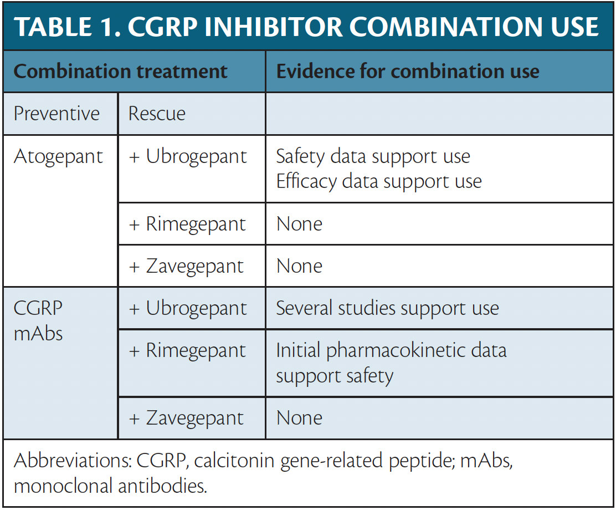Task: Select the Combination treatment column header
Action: [120, 72]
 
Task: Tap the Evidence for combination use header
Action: [407, 72]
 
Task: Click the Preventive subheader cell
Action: [57, 114]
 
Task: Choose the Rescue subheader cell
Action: [157, 114]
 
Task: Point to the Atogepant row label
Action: [58, 157]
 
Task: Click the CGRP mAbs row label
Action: [38, 321]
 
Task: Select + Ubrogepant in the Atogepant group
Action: [188, 157]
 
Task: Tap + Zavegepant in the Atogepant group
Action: [186, 267]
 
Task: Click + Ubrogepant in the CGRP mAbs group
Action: [188, 309]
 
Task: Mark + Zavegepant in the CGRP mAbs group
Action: [186, 418]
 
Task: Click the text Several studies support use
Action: [387, 309]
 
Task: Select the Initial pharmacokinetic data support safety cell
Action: [391, 363]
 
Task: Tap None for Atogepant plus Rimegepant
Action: [299, 225]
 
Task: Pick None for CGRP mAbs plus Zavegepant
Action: [299, 418]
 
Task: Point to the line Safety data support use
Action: [373, 157]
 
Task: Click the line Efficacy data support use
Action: [379, 181]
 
